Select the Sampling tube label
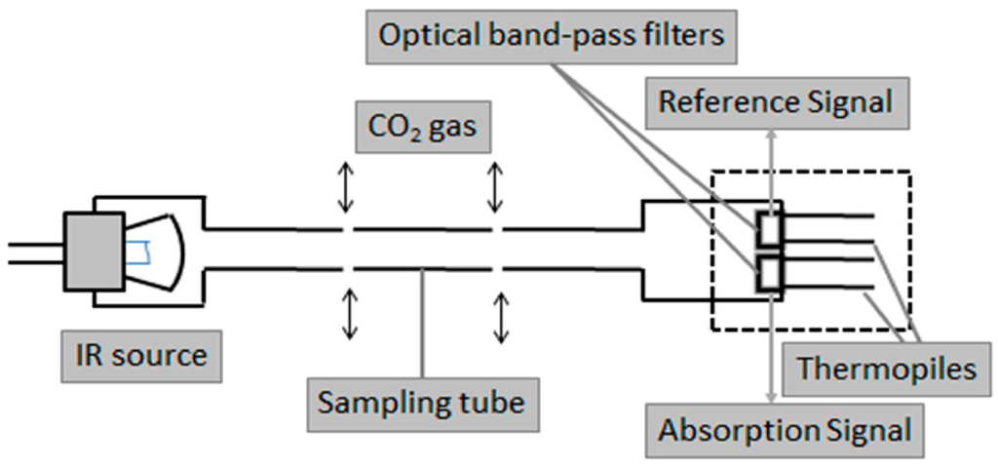point(422,400)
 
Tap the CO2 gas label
point(421,128)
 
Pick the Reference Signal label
point(775,101)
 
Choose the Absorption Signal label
point(785,429)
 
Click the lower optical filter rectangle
point(770,274)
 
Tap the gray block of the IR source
point(95,251)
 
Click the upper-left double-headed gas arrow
point(344,187)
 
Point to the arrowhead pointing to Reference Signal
point(770,130)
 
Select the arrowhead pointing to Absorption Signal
point(770,397)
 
